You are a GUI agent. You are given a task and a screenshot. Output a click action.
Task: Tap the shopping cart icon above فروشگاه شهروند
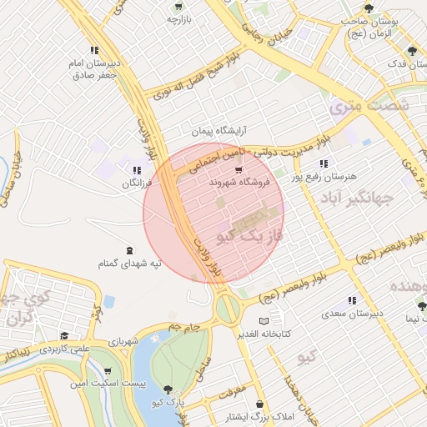coord(239,170)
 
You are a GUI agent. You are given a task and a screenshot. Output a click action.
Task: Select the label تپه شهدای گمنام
coord(128,264)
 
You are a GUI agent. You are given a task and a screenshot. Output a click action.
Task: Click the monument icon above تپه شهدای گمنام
coord(128,250)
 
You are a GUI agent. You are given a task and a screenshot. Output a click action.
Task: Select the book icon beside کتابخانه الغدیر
coord(264,321)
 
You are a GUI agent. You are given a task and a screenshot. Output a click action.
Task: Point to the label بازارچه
coord(178,18)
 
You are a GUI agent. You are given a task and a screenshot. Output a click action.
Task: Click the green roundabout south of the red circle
coord(227,309)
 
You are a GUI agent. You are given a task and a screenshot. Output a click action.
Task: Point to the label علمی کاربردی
coord(63,348)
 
